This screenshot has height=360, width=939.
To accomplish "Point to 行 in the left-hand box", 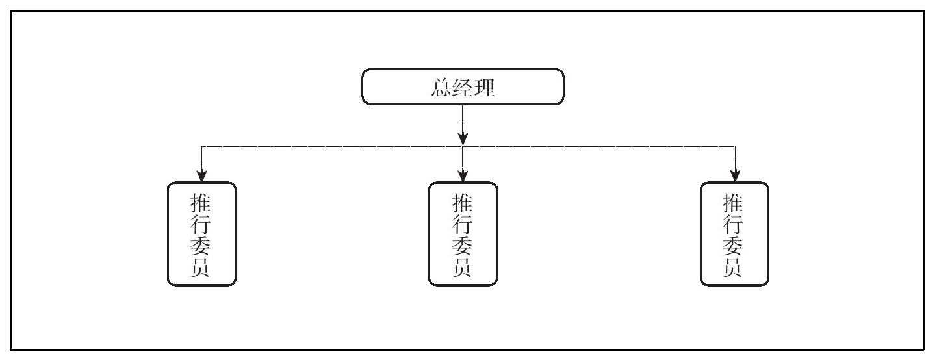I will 201,224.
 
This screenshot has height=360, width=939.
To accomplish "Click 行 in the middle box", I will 463,224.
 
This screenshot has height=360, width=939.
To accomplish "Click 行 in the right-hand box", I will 734,224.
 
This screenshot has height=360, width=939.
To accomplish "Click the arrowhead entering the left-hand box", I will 201,176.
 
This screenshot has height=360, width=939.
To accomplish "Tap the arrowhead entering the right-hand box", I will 735,176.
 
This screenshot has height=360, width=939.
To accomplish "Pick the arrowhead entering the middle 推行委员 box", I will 463,176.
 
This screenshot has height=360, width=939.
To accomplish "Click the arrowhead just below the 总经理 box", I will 463,138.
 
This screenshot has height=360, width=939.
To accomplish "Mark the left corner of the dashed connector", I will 201,147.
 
